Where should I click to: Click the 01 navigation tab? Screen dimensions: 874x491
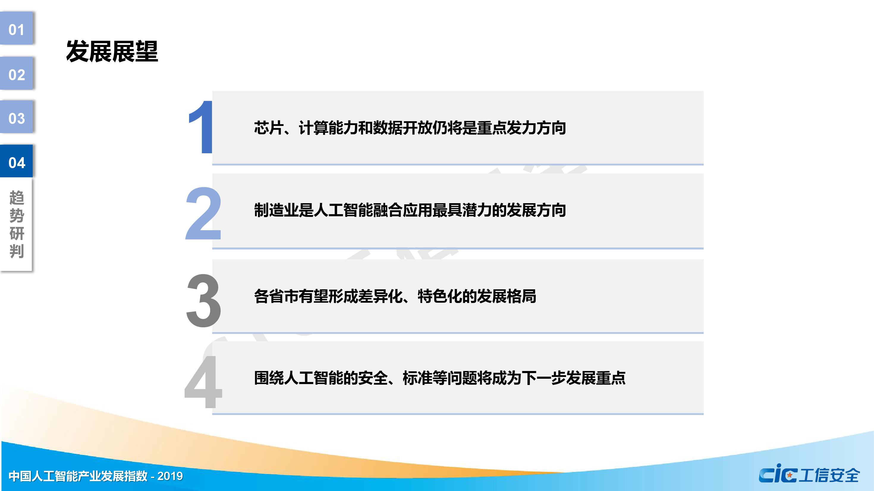pos(16,29)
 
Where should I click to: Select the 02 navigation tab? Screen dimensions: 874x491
pos(16,74)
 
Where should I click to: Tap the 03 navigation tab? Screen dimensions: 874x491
pos(16,117)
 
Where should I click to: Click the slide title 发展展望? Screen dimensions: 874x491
pos(112,52)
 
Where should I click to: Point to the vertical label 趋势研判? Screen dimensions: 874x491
pos(17,225)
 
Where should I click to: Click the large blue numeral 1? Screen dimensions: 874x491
pos(201,127)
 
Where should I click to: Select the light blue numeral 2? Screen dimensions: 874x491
pos(204,213)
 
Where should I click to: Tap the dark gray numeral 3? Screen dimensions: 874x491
pos(204,300)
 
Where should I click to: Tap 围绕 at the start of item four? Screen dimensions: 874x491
pos(269,378)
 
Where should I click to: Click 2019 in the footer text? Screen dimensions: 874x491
pos(170,476)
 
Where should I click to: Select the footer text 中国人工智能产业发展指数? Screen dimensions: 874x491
pos(78,476)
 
